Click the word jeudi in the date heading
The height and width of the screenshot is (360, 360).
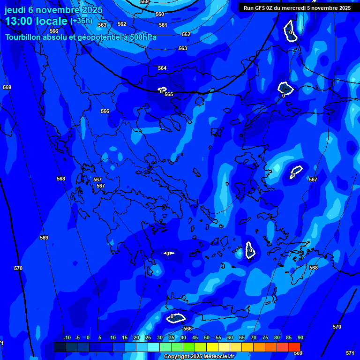click(16, 10)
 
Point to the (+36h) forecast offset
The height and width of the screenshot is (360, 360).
click(81, 21)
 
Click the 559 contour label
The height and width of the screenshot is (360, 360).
click(144, 2)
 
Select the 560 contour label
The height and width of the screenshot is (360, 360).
click(160, 14)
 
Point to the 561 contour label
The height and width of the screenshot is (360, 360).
click(163, 25)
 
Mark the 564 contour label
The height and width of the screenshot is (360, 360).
click(162, 68)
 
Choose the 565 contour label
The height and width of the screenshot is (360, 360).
click(169, 94)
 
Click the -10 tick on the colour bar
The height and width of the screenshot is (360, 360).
click(67, 338)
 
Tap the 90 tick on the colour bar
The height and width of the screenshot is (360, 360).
click(300, 338)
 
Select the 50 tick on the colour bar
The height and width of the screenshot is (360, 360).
click(206, 338)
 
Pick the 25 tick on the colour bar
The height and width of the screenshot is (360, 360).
click(148, 338)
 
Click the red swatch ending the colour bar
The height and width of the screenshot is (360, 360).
click(294, 347)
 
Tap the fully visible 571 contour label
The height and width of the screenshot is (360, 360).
click(350, 353)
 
